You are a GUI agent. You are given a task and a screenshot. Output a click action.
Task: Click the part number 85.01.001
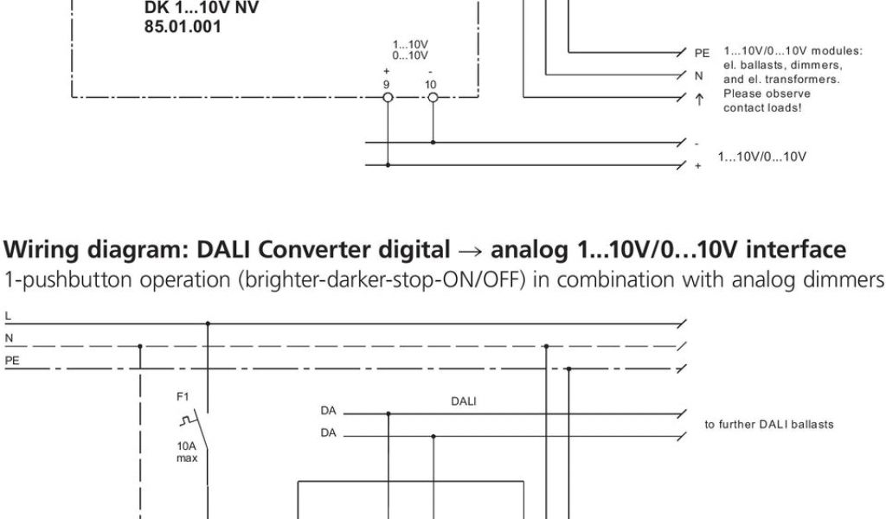[182, 28]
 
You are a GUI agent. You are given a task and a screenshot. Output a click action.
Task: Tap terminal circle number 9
[388, 97]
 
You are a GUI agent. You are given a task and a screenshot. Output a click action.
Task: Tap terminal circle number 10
[432, 97]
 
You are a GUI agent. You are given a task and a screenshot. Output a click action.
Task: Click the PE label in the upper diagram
[702, 54]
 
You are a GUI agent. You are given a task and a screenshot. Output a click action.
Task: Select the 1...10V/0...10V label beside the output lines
[762, 157]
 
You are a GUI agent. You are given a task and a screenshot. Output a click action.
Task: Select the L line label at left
[8, 315]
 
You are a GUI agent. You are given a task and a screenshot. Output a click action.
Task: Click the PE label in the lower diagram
[12, 359]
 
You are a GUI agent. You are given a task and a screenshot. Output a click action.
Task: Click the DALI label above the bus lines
[463, 401]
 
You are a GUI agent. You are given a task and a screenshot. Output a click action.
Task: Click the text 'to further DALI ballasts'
[769, 424]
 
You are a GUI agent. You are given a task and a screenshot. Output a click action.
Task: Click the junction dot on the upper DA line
[388, 413]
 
